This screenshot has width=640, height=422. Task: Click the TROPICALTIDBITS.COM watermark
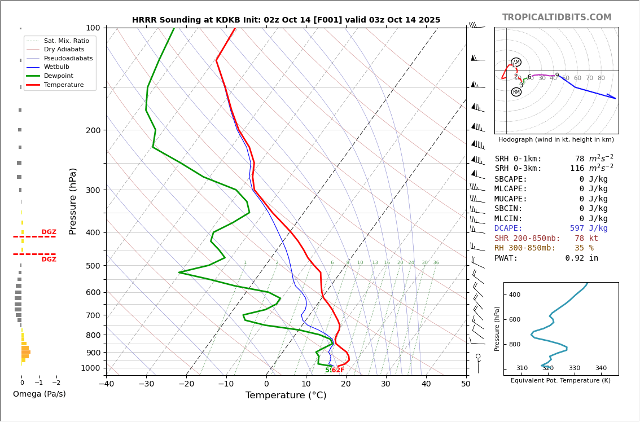(x=556, y=17)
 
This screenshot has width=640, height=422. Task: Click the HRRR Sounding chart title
(x=286, y=20)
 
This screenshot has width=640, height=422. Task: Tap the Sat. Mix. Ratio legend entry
(x=66, y=41)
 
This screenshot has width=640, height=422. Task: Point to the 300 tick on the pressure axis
(x=92, y=190)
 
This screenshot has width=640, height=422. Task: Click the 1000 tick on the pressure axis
(x=90, y=368)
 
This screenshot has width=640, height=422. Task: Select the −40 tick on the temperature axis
(x=106, y=384)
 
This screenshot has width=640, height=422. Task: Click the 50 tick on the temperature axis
(x=466, y=384)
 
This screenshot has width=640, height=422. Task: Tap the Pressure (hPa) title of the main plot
(x=73, y=201)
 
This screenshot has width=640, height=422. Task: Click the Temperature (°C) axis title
(x=286, y=395)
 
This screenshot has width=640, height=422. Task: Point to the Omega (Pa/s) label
(x=39, y=394)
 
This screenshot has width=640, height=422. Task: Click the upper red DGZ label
(x=49, y=232)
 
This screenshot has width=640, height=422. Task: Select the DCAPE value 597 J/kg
(x=588, y=228)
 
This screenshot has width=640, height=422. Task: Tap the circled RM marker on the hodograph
(x=516, y=92)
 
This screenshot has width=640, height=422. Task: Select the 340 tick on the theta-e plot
(x=600, y=368)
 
